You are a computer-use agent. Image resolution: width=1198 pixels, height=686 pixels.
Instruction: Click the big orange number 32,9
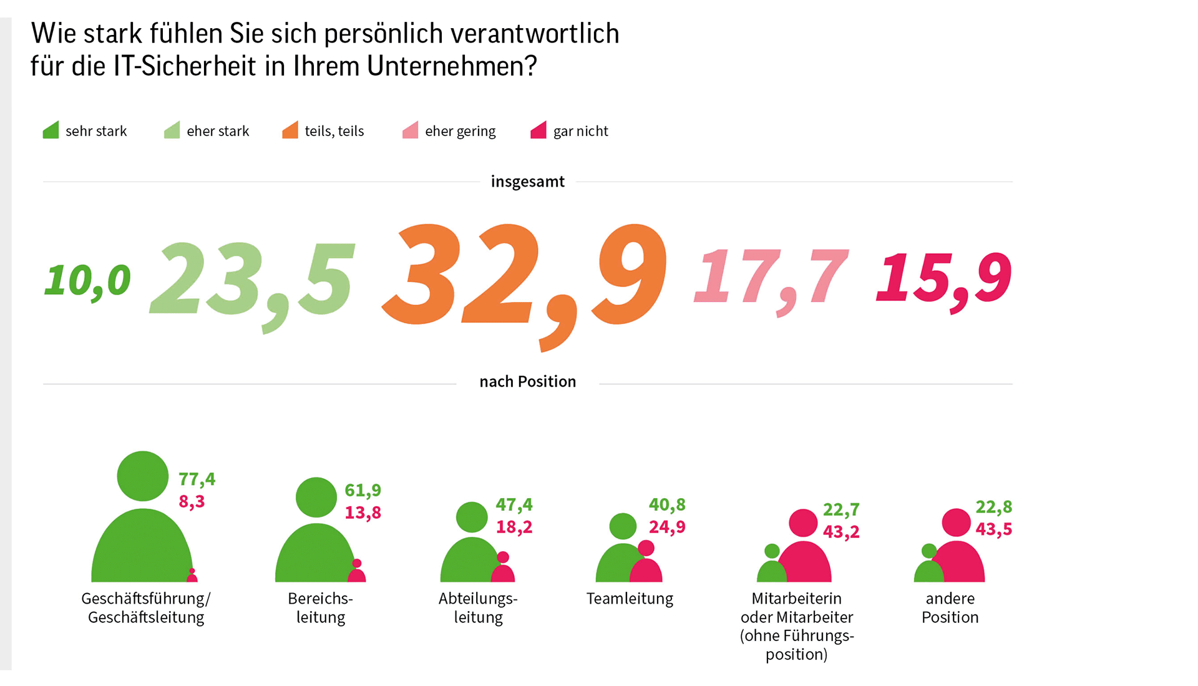click(x=524, y=278)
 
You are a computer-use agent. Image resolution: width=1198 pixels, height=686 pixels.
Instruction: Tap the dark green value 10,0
click(x=87, y=280)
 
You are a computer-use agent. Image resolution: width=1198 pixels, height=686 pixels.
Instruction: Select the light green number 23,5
click(x=252, y=280)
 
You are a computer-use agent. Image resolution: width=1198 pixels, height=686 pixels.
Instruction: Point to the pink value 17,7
click(x=771, y=278)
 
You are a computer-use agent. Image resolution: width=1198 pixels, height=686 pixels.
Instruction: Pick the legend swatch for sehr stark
click(x=51, y=130)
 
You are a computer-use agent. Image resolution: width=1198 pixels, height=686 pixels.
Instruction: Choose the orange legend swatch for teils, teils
click(x=290, y=130)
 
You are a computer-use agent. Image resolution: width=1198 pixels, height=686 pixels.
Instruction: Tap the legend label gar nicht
click(x=580, y=131)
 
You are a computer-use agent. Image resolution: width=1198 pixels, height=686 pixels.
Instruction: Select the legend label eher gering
click(x=460, y=131)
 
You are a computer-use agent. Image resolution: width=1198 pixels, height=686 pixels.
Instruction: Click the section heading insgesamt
click(x=527, y=182)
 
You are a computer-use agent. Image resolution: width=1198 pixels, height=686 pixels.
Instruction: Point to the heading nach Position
click(x=527, y=381)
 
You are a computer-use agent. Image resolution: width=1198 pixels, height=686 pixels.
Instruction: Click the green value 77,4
click(x=197, y=479)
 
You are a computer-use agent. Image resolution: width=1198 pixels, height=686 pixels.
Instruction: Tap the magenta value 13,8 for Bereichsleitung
click(x=363, y=512)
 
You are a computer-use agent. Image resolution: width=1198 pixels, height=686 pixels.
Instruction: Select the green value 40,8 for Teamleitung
click(x=667, y=504)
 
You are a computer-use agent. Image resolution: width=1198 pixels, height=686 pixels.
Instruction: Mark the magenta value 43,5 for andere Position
click(x=994, y=529)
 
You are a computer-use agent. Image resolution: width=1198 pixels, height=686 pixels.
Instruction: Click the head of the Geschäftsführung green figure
click(x=143, y=476)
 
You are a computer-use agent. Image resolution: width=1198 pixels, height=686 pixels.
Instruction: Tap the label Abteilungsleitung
click(x=478, y=607)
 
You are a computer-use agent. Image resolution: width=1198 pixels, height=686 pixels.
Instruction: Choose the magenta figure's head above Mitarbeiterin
click(x=803, y=522)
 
